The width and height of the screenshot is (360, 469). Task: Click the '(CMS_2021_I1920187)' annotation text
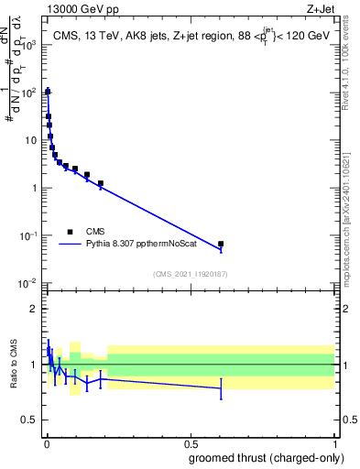point(190,273)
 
